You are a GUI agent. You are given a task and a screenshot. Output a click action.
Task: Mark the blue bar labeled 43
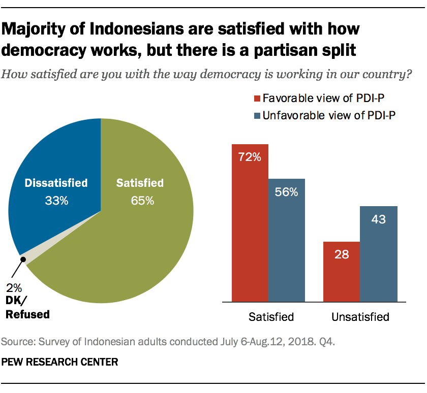tap(379, 254)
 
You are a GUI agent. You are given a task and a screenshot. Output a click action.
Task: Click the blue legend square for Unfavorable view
tap(257, 115)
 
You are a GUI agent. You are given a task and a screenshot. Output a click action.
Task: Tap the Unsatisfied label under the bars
tap(360, 317)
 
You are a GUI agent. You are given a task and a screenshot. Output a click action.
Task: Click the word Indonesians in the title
tap(132, 29)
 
